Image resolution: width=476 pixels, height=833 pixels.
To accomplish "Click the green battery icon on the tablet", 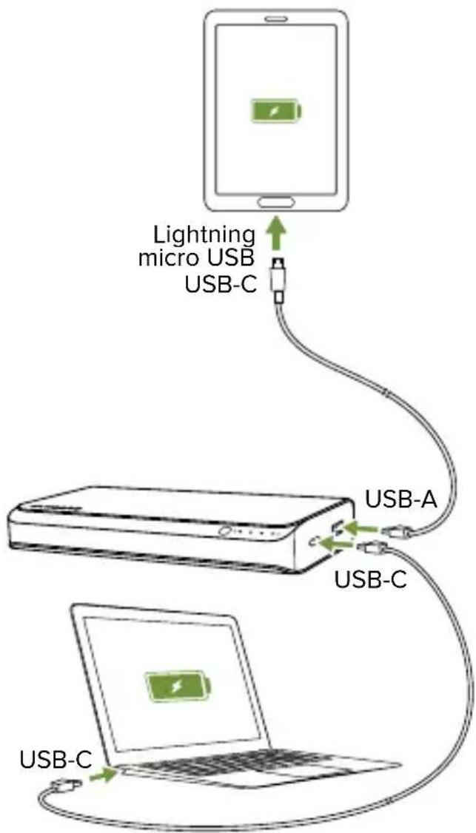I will tap(275, 112).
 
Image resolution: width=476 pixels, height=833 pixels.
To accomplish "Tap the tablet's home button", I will tap(276, 200).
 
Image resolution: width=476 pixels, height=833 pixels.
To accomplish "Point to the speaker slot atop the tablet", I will tap(275, 17).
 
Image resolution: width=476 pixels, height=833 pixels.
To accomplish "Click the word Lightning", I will tap(203, 235).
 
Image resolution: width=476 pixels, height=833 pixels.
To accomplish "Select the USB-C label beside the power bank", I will tap(370, 578).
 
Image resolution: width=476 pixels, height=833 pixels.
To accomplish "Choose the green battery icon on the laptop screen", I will tap(176, 686).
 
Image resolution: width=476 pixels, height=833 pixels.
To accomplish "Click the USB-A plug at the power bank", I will tap(395, 530).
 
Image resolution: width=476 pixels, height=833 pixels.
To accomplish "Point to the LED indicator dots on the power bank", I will tap(260, 533).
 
